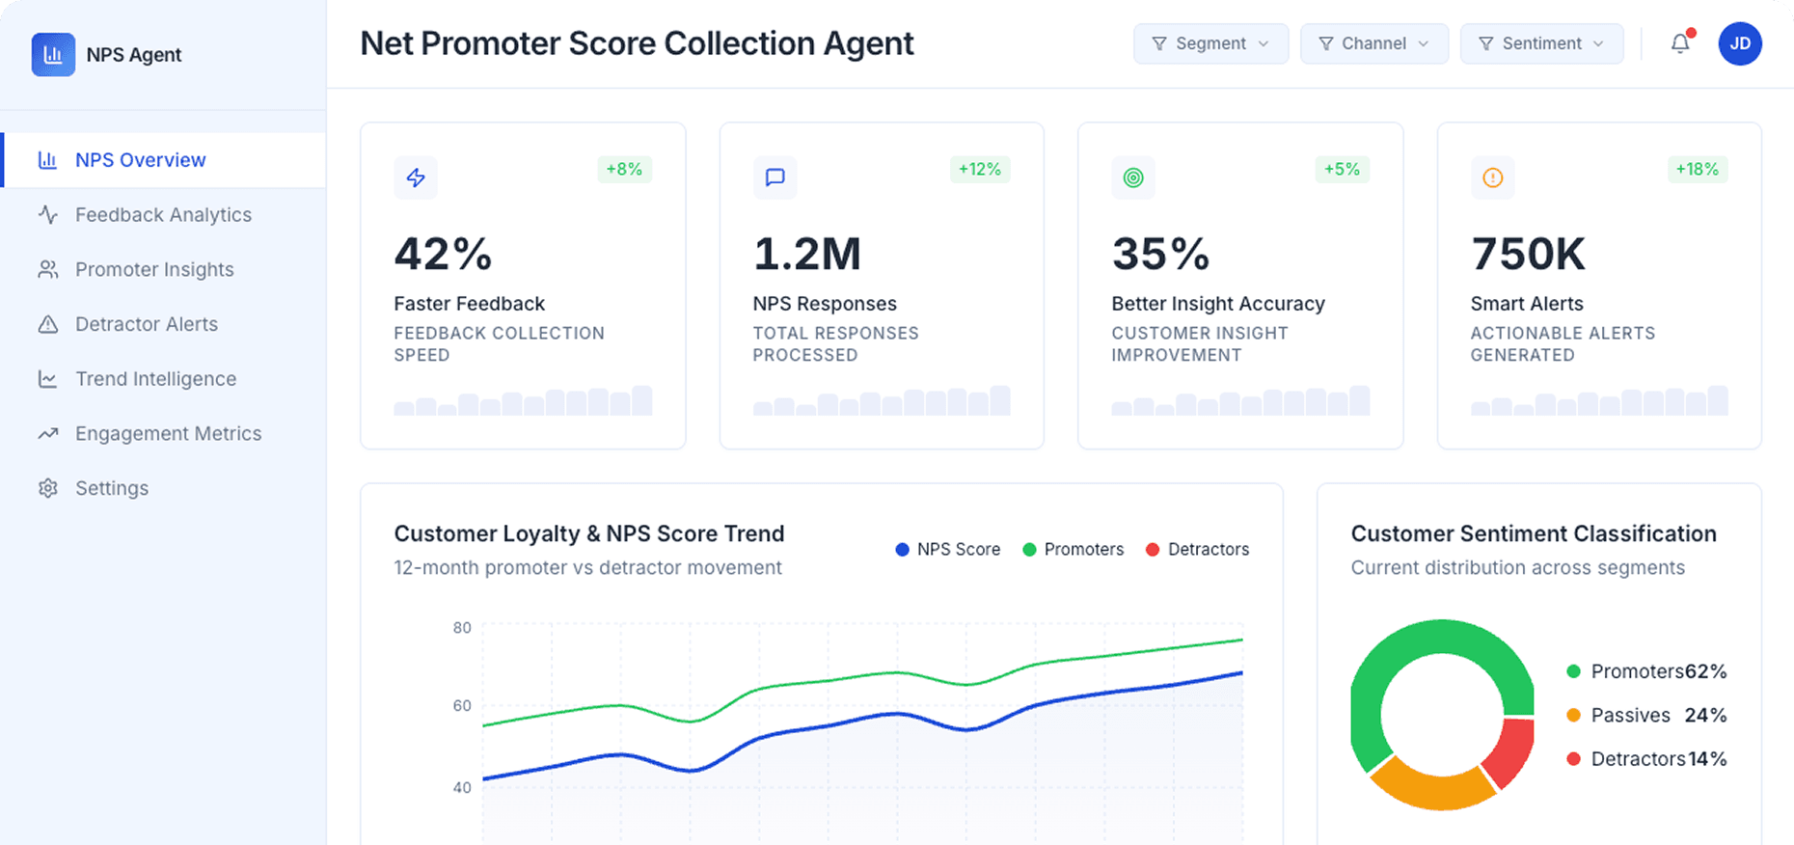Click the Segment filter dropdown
point(1210,44)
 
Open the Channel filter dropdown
point(1373,44)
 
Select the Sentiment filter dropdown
point(1541,44)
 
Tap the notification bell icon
point(1680,43)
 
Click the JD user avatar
point(1740,43)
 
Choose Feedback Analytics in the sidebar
point(163,215)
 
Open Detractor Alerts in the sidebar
point(147,324)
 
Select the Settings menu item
point(112,488)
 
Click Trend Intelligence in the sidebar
point(155,379)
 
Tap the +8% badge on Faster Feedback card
point(624,170)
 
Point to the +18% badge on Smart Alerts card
point(1697,170)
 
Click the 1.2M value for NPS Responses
point(807,255)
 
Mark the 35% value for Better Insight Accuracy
point(1160,255)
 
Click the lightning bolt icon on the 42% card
point(416,177)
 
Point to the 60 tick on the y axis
point(462,706)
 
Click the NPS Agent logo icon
point(53,55)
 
